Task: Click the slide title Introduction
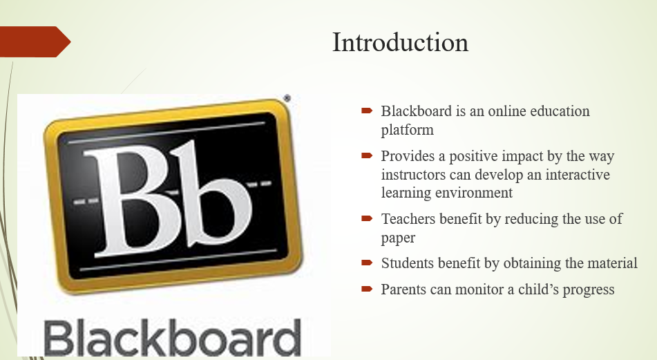click(x=400, y=42)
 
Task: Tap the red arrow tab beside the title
click(x=35, y=41)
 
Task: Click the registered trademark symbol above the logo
click(x=287, y=99)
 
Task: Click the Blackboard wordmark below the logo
click(x=172, y=338)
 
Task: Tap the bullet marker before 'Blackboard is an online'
click(x=367, y=111)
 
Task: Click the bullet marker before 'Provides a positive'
click(x=367, y=155)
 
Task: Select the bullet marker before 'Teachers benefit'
click(x=367, y=218)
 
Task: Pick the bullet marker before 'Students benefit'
click(x=367, y=263)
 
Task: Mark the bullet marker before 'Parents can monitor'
click(x=367, y=289)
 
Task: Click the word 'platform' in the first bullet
click(x=408, y=130)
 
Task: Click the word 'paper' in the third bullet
click(x=398, y=238)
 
